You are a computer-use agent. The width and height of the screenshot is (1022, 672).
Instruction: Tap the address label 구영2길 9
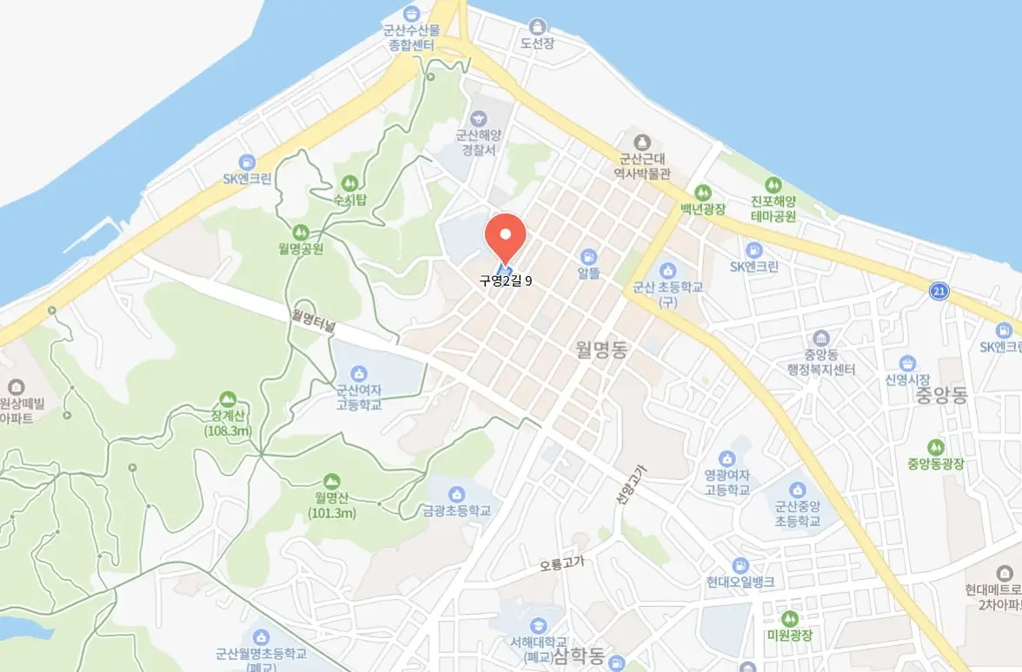(505, 280)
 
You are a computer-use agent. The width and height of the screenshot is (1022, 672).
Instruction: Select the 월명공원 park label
(300, 248)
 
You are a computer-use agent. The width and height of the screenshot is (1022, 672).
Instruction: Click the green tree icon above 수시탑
(349, 183)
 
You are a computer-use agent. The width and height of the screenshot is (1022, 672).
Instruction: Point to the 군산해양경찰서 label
(477, 142)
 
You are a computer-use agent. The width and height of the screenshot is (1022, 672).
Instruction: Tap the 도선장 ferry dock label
(537, 43)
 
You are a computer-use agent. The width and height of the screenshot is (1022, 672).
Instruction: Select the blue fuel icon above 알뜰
(589, 257)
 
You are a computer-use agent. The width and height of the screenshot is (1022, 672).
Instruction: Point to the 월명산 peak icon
(331, 481)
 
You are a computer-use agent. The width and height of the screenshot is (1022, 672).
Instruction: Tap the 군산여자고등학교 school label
(359, 398)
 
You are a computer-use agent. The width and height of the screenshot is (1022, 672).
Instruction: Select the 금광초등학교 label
(457, 511)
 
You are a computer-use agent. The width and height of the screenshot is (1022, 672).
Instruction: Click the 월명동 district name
(601, 349)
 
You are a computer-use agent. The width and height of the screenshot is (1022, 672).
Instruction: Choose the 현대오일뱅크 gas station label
(740, 581)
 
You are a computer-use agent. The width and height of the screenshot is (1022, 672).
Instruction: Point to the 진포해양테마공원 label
(773, 208)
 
